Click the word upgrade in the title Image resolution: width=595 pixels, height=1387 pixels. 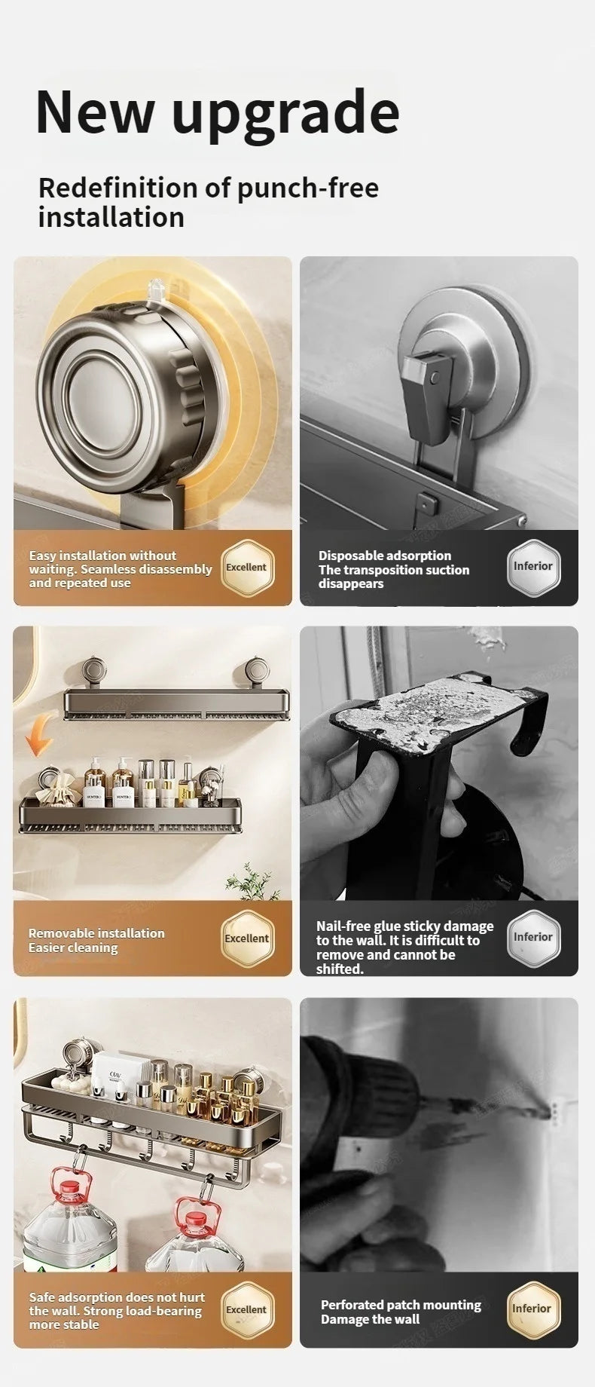[285, 113]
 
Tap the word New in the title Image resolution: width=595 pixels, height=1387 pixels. [95, 112]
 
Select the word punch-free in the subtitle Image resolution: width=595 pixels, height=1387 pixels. [308, 188]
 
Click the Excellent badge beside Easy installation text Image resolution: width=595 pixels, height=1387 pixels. [246, 568]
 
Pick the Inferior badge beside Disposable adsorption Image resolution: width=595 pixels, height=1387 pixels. [532, 567]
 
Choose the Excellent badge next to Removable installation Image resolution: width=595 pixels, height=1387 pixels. [246, 938]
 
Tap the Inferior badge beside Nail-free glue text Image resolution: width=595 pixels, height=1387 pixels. [532, 938]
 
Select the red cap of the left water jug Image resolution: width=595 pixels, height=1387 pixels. [69, 1189]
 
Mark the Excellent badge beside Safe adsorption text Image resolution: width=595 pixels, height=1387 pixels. [246, 1309]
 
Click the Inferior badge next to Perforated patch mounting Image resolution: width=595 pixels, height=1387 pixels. [532, 1309]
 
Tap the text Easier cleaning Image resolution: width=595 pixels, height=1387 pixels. [73, 948]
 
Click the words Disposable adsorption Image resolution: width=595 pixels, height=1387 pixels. [384, 556]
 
